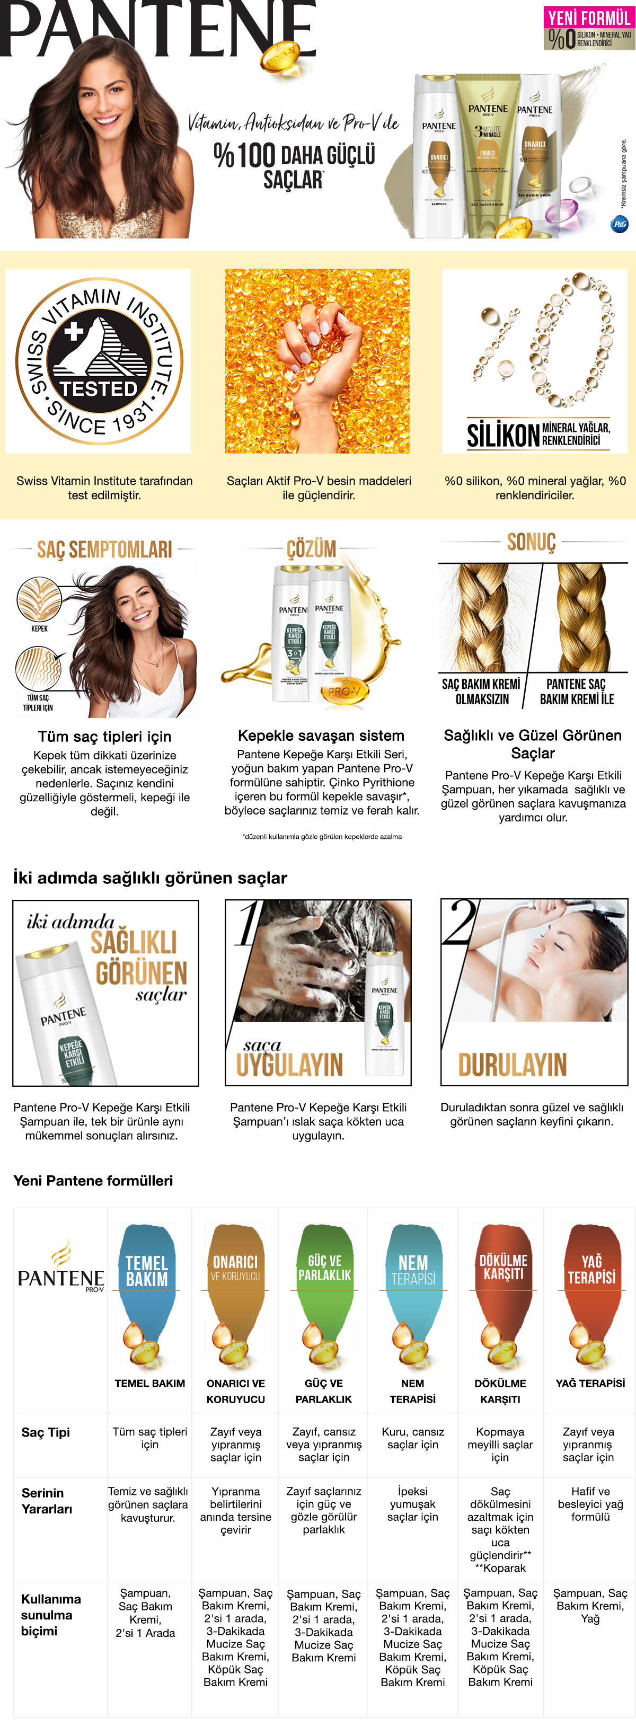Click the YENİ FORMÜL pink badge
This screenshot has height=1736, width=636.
pyautogui.click(x=589, y=17)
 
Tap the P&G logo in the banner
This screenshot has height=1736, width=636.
pyautogui.click(x=619, y=224)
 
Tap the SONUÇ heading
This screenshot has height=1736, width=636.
pyautogui.click(x=532, y=542)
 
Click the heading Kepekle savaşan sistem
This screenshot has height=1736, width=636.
pyautogui.click(x=321, y=735)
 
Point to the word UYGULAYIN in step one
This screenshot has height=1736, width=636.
pyautogui.click(x=290, y=1065)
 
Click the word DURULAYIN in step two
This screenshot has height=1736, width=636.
pyautogui.click(x=512, y=1065)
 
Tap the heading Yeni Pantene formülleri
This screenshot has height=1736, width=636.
pyautogui.click(x=93, y=1181)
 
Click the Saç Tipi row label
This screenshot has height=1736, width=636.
pyautogui.click(x=45, y=1432)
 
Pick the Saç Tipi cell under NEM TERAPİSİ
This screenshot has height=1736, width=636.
pyautogui.click(x=412, y=1438)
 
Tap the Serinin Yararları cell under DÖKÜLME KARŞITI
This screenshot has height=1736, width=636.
pyautogui.click(x=500, y=1529)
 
